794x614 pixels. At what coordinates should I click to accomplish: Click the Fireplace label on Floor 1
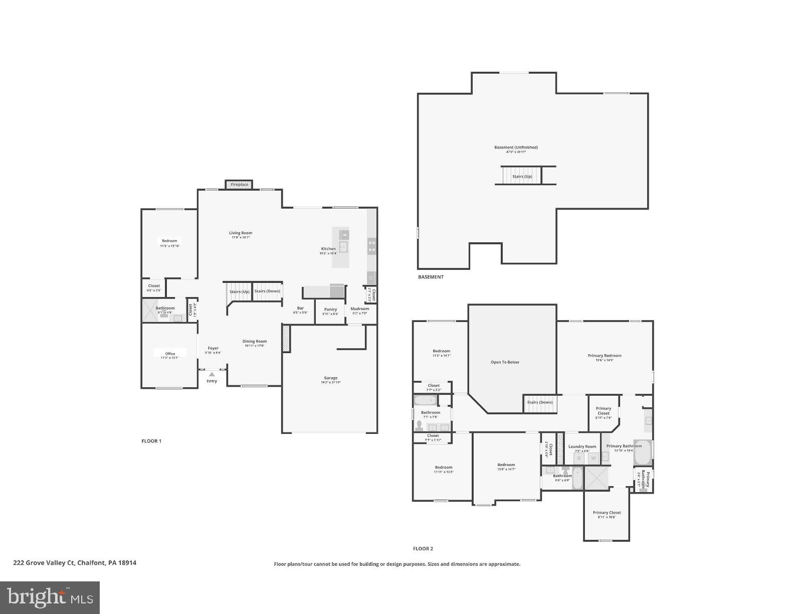pos(239,185)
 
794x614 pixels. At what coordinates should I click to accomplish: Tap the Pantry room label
pos(330,310)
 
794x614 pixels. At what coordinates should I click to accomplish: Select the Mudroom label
pos(359,309)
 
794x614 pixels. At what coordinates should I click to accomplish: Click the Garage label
pos(330,378)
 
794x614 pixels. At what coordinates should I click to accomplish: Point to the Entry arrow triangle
pos(212,374)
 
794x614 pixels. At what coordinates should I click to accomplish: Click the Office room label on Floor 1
pos(170,354)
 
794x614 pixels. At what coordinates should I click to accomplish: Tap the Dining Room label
pos(255,342)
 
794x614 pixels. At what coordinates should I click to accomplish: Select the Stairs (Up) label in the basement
pos(522,177)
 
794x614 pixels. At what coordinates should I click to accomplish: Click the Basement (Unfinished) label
pos(516,147)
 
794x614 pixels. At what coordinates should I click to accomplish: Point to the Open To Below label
pos(505,362)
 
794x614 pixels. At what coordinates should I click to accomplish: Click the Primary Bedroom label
pos(605,356)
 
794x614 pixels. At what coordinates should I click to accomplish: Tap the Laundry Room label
pos(582,446)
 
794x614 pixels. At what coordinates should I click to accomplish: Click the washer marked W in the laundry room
pos(593,458)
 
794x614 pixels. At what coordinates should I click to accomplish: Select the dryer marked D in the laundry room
pos(579,458)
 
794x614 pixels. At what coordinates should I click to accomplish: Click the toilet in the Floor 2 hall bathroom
pos(420,425)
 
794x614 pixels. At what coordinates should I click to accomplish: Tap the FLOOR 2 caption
pos(423,549)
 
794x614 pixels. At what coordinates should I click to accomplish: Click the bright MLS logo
pos(50,597)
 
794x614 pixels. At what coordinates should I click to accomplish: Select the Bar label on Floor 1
pos(300,309)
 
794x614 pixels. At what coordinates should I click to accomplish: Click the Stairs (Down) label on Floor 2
pos(540,402)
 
